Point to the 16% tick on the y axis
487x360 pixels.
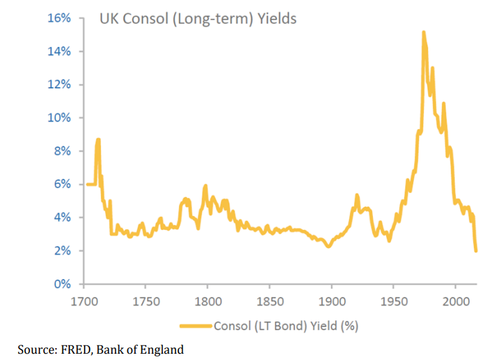[x=58, y=18]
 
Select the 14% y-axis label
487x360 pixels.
[x=58, y=51]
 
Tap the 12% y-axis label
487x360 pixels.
[x=58, y=85]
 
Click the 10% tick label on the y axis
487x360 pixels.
[x=58, y=117]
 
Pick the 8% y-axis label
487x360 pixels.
[x=61, y=151]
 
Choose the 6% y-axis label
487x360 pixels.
[x=61, y=184]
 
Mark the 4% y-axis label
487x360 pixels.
[x=61, y=217]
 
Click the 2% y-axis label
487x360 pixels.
[x=61, y=250]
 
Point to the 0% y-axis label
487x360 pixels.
[x=61, y=284]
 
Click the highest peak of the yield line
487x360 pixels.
[x=423, y=32]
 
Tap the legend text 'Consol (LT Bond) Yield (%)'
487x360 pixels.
[x=285, y=325]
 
